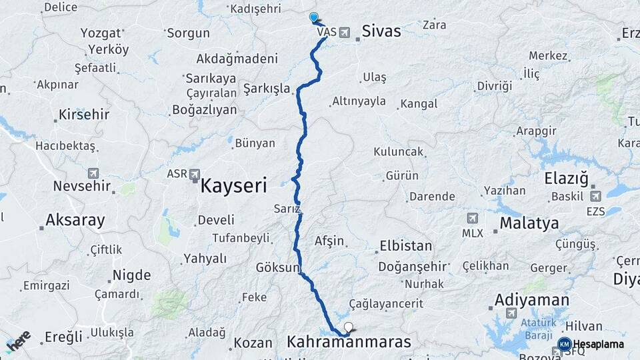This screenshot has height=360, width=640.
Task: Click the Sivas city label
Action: point(381,31)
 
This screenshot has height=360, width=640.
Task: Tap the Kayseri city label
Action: point(233,185)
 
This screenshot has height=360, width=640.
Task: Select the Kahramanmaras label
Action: point(349,342)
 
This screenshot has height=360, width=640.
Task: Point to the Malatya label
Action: point(529,223)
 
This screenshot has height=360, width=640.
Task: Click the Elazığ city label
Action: point(565,179)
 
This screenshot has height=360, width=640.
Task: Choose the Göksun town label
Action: point(277,267)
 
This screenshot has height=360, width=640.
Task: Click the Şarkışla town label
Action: point(267,89)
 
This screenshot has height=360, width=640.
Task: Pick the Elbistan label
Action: point(405,245)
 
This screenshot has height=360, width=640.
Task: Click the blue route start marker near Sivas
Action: point(313,17)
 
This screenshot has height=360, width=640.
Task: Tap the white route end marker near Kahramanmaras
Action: point(348,327)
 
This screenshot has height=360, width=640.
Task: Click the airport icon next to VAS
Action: point(344,32)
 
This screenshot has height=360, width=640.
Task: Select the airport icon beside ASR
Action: point(195,174)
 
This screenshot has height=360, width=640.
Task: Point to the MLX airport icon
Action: point(472,219)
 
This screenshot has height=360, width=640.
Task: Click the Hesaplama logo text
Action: point(598,345)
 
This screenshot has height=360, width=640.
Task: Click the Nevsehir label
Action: point(81,186)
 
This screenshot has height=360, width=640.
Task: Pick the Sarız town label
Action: point(287,209)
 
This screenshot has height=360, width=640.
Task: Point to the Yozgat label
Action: point(101,33)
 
